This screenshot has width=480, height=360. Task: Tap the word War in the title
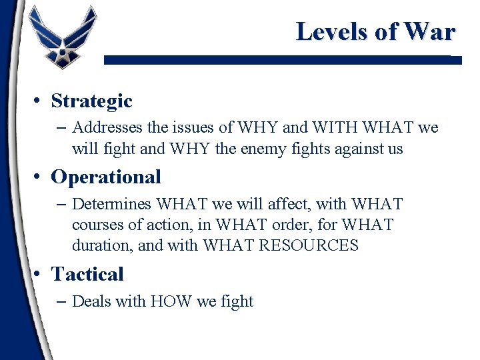point(430,31)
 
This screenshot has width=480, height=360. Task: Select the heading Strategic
point(91,101)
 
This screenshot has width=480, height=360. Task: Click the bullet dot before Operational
point(40,177)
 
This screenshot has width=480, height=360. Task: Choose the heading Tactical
point(87,274)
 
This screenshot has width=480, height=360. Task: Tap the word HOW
point(171,301)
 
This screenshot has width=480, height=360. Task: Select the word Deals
point(91,301)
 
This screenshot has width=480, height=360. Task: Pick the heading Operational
point(106,177)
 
